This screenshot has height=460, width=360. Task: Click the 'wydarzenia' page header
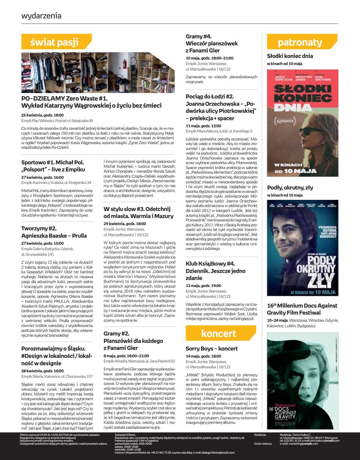(41, 16)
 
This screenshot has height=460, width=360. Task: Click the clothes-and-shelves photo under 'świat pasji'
(98, 73)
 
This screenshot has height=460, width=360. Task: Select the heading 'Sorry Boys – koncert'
(211, 349)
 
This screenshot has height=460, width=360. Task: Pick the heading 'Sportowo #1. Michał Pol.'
(52, 162)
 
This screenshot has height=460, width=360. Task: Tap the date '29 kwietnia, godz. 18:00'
(125, 224)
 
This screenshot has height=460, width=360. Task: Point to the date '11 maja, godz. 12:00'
(203, 126)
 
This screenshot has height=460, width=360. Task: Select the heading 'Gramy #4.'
(198, 36)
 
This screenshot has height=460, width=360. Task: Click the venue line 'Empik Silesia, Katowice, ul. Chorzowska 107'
(57, 376)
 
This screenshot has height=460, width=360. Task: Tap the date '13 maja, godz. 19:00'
(203, 286)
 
